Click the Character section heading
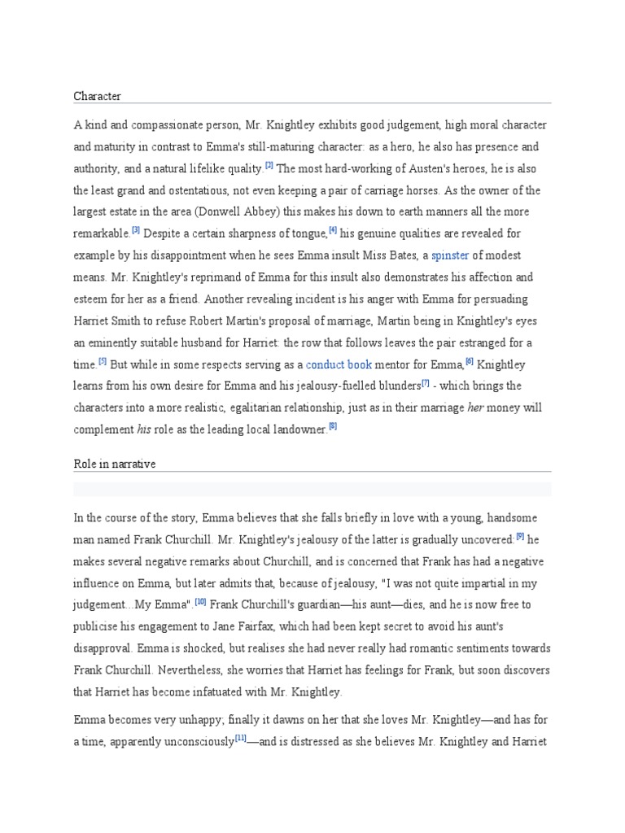click(97, 96)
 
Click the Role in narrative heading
click(114, 464)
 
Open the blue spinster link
click(450, 255)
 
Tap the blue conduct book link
click(339, 364)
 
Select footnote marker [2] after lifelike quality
click(269, 165)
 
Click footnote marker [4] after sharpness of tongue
click(333, 230)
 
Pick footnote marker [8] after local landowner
click(332, 425)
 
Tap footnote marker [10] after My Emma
click(200, 601)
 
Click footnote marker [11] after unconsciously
click(241, 737)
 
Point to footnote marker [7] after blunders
click(425, 382)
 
